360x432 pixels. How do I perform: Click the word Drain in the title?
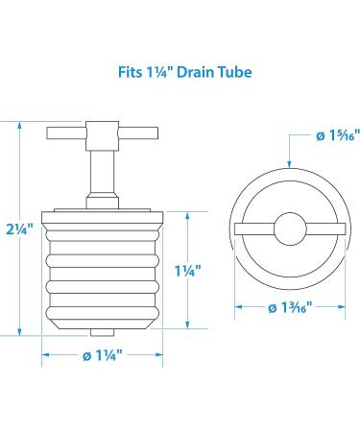tap(195, 72)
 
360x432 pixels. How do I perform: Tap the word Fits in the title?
tap(130, 72)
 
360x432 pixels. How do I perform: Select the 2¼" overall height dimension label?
tap(19, 229)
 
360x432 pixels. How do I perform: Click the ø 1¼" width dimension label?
tap(103, 355)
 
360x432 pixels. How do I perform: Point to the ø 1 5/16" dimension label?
tap(338, 136)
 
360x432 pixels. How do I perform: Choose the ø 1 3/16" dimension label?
tap(290, 308)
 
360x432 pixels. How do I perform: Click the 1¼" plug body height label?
tap(188, 272)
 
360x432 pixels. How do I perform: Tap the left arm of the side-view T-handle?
tap(66, 133)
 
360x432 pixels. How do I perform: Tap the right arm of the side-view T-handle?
tap(138, 133)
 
